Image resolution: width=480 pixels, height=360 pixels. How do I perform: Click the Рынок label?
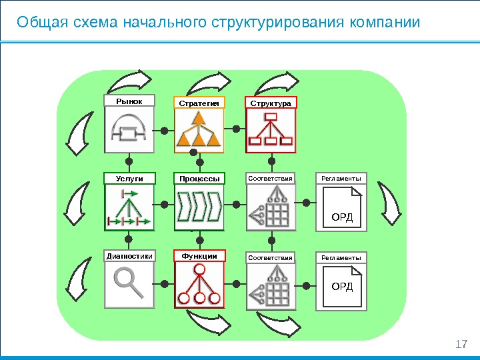pos(129,101)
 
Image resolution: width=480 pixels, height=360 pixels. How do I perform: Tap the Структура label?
pos(271,103)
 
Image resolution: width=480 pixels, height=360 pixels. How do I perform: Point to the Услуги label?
pos(129,178)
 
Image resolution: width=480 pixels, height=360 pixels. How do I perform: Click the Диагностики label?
pos(129,256)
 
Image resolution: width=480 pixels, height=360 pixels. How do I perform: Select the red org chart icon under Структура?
pos(271,129)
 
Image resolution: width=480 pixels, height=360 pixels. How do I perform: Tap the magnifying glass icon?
pos(129,282)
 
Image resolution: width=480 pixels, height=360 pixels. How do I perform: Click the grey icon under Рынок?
pos(129,129)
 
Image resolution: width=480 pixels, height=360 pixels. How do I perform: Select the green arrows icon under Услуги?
pos(129,207)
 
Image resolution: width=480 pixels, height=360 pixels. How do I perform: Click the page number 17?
pos(461,344)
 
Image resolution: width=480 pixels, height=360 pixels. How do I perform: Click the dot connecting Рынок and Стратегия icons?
pos(164,129)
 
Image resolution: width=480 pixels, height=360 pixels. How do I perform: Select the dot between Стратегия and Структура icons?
pos(236,128)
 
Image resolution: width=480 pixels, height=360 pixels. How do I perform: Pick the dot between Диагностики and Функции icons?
pos(164,284)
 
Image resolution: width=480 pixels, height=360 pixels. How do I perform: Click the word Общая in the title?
pos(36,22)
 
